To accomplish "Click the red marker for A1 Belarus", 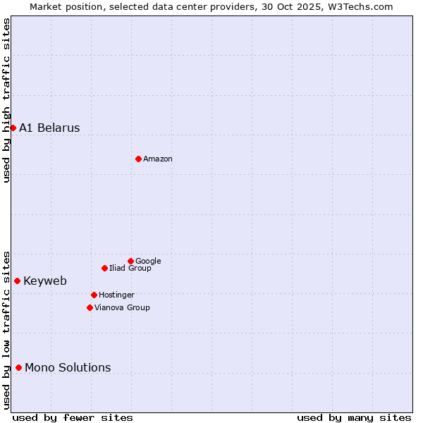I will (x=13, y=128).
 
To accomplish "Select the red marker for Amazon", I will (x=138, y=159).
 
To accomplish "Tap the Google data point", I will (x=130, y=261).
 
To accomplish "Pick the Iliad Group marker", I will (x=104, y=268).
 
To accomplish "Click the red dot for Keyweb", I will (x=17, y=281).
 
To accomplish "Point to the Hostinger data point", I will (x=94, y=295).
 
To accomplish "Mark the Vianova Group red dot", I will (x=90, y=307).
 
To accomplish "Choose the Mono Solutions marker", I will (x=18, y=367).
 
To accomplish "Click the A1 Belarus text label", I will (x=49, y=128).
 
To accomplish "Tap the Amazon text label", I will (x=158, y=159).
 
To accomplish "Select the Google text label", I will (x=148, y=262).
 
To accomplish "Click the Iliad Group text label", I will (x=130, y=268).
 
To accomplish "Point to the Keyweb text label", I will (x=45, y=281).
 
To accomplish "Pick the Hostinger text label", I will (x=116, y=295).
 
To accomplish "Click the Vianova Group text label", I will (x=122, y=307).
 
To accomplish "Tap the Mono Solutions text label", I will (x=68, y=367).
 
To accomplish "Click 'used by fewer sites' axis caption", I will (x=73, y=417).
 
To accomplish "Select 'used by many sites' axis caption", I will (x=354, y=417).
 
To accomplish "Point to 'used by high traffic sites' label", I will (x=6, y=100).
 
